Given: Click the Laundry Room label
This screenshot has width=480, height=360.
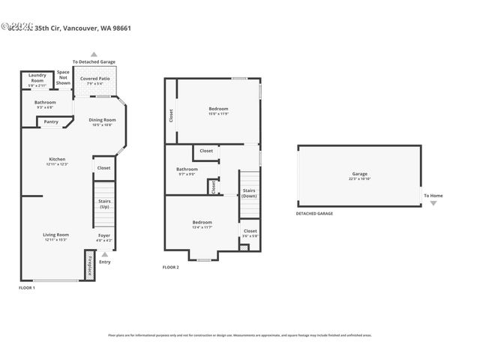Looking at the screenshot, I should click(x=37, y=78).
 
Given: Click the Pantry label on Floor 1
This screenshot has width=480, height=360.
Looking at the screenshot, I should click(x=51, y=121).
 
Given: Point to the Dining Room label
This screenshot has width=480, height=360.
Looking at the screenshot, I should click(x=103, y=122).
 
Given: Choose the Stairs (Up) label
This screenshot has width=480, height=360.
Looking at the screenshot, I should click(x=104, y=204).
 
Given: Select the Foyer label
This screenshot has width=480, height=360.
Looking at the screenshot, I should click(x=104, y=238).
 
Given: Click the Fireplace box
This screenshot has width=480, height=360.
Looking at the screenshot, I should click(x=89, y=266).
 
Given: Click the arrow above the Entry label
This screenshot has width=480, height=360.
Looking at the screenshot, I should click(x=104, y=254).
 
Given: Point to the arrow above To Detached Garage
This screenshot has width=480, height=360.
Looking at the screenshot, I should click(x=94, y=54).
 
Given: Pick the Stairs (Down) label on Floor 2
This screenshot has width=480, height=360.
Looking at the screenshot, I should click(x=250, y=193).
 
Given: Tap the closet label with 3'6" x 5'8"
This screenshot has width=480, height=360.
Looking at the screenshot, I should click(x=250, y=233).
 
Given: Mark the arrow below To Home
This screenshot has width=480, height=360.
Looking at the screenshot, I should click(x=433, y=203).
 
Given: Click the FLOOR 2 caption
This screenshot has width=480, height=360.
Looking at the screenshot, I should click(x=171, y=267).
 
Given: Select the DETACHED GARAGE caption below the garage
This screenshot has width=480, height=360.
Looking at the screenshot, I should click(x=314, y=214).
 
